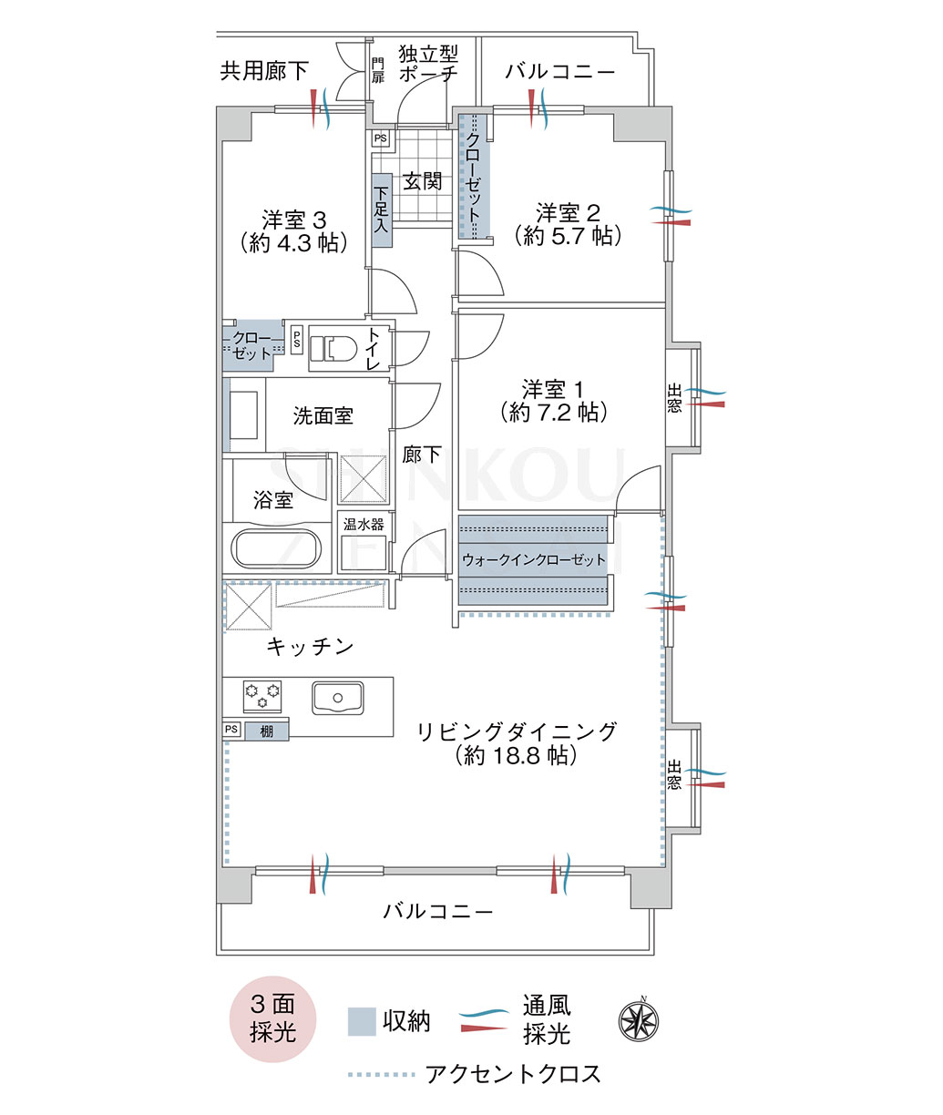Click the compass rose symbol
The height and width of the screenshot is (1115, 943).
pyautogui.click(x=639, y=1021)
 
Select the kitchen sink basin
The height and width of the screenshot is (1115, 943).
pyautogui.click(x=338, y=698)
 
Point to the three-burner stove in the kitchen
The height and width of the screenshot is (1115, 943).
pyautogui.click(x=262, y=695)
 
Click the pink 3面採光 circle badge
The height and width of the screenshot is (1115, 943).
pyautogui.click(x=272, y=1019)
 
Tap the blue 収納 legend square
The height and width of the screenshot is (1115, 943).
pyautogui.click(x=362, y=1022)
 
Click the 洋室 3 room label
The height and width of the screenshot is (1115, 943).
pyautogui.click(x=294, y=220)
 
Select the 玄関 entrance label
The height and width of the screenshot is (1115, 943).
pyautogui.click(x=423, y=181)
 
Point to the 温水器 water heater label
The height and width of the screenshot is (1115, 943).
pyautogui.click(x=364, y=524)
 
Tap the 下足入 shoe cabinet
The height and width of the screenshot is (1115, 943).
pyautogui.click(x=382, y=210)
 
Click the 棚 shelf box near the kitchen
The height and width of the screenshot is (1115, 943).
pyautogui.click(x=267, y=731)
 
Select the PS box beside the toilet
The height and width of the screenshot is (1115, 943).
pyautogui.click(x=297, y=340)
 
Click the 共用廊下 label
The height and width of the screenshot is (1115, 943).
pyautogui.click(x=264, y=71)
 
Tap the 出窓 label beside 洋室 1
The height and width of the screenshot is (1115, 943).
pyautogui.click(x=674, y=398)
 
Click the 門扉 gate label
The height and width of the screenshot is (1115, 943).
pyautogui.click(x=377, y=71)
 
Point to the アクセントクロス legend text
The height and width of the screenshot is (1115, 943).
pyautogui.click(x=513, y=1073)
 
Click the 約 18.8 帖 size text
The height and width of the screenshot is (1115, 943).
pyautogui.click(x=517, y=756)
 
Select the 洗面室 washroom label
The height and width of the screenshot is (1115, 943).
pyautogui.click(x=323, y=415)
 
